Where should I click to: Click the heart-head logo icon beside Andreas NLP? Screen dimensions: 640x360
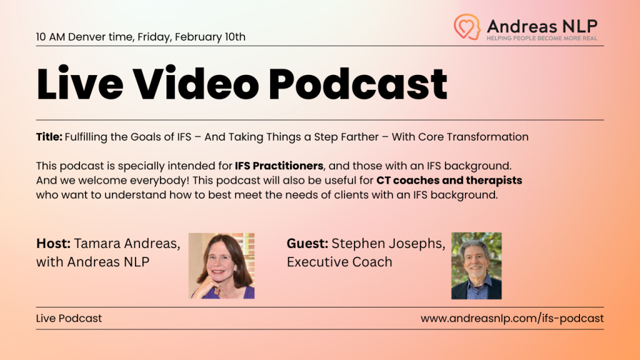pos(467,27)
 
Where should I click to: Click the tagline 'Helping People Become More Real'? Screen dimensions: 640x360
pos(542,38)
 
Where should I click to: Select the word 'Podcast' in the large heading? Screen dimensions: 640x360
pos(358,84)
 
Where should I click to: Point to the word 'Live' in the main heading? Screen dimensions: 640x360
pos(80,84)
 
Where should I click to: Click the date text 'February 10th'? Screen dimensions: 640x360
pos(210,37)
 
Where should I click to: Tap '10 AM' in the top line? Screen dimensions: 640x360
pos(51,37)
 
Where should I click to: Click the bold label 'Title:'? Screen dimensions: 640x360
pos(49,137)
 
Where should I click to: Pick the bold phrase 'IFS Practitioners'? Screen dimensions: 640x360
pos(279,166)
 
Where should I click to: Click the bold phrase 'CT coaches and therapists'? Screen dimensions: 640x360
pos(449,181)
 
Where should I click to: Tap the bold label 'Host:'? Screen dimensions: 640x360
pos(53,243)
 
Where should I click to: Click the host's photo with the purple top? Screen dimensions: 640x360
pos(222,266)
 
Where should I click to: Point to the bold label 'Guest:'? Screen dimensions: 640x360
pos(307,243)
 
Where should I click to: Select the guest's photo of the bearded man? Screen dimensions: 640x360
pos(476,266)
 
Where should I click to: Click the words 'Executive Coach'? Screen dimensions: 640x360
pos(339,262)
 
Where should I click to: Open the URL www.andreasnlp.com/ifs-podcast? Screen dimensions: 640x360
pos(512,318)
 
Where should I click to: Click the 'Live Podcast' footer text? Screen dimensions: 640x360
pos(69,318)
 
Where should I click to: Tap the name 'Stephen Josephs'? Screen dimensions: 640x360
pos(388,244)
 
